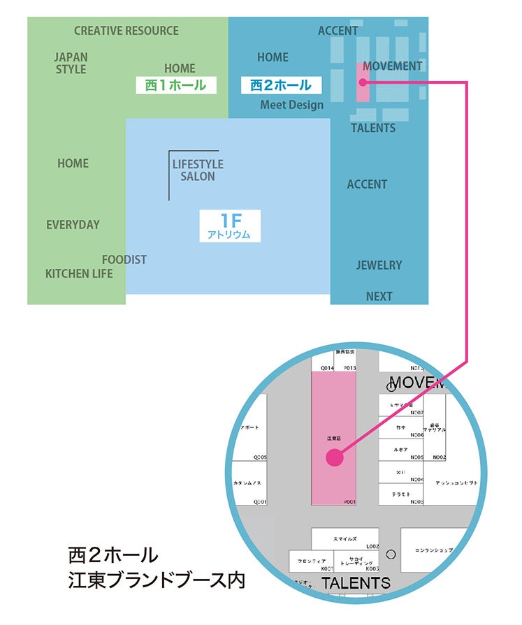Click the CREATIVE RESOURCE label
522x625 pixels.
[126, 31]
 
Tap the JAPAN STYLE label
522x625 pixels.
[71, 63]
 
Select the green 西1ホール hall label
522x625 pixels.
[175, 85]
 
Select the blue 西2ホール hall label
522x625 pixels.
[281, 85]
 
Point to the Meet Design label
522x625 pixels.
[292, 105]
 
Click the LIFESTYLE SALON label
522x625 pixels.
[198, 170]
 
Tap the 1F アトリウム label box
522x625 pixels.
[229, 226]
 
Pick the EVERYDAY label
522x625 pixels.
[73, 225]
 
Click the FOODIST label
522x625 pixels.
[124, 260]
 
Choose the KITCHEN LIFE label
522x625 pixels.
[79, 274]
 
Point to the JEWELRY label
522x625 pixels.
[379, 265]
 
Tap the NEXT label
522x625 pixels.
[379, 296]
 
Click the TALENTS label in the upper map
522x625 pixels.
[373, 128]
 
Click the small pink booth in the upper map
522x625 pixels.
[363, 82]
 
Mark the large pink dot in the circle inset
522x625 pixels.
[335, 457]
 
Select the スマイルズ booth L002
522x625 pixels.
[345, 538]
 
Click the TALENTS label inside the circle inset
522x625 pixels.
[356, 583]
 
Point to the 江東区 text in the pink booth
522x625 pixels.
[333, 439]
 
